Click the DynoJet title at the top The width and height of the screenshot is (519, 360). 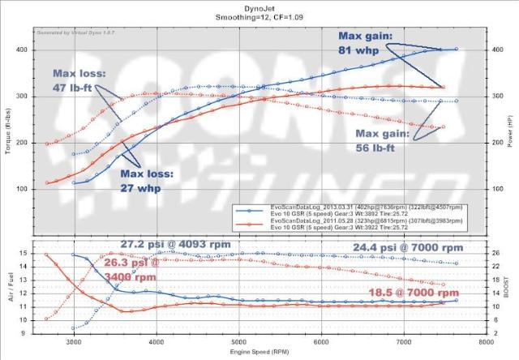[x=259, y=6]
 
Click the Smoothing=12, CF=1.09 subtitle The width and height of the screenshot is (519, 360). [x=259, y=16]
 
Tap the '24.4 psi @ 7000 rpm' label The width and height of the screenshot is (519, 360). [x=408, y=247]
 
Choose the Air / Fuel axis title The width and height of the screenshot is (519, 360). [x=9, y=288]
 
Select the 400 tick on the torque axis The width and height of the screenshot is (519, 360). [x=22, y=49]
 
